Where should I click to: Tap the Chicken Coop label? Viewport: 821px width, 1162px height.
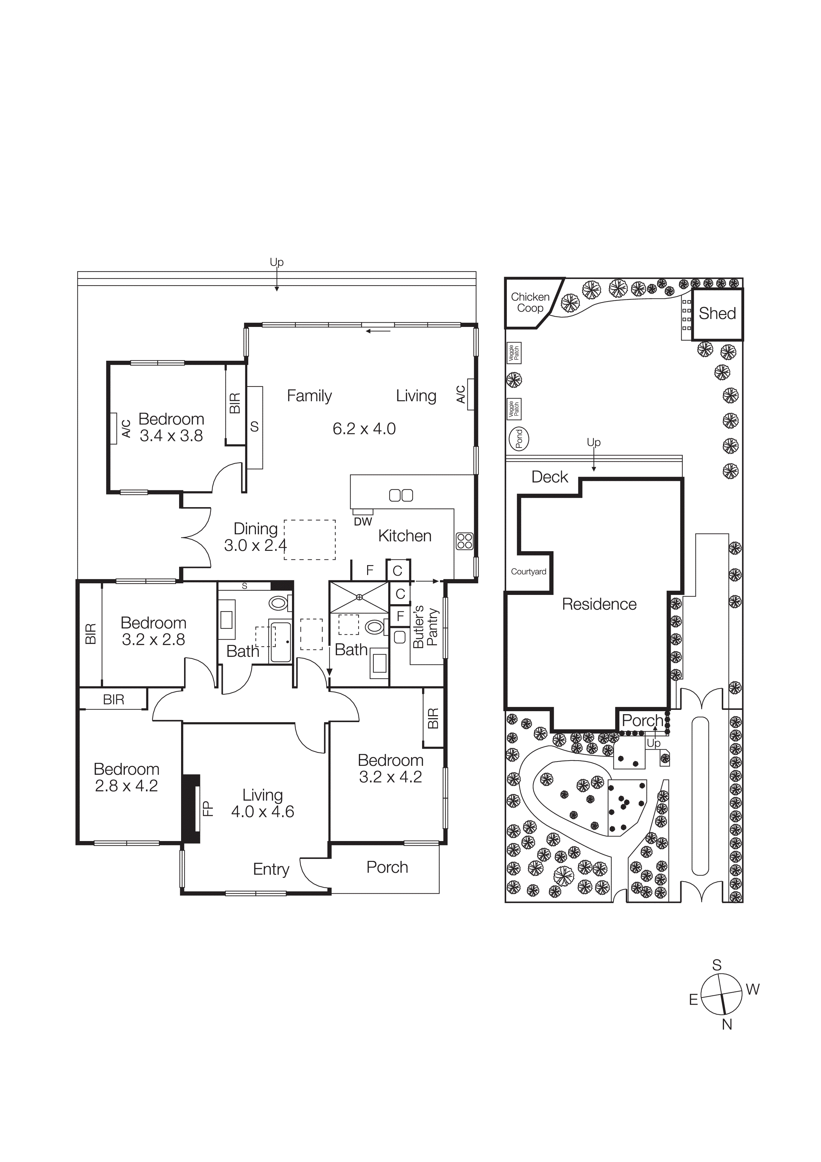[530, 302]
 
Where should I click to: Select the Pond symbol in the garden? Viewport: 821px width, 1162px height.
[518, 438]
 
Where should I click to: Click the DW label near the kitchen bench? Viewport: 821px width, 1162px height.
[363, 522]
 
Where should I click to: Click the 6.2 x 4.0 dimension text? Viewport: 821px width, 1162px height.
[364, 429]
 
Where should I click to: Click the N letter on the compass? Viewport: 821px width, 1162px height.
[727, 1024]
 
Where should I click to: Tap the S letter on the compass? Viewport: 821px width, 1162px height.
[716, 965]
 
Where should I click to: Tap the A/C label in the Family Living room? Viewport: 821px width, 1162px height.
[461, 394]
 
